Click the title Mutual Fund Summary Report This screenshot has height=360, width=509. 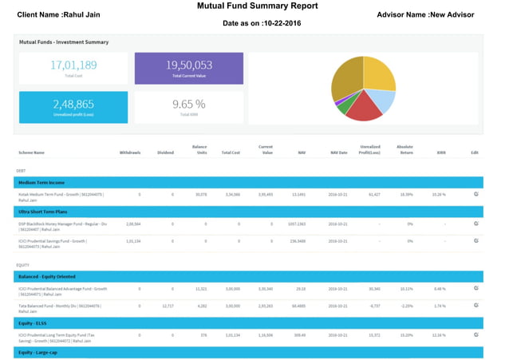(257, 6)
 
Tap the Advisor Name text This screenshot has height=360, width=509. (425, 15)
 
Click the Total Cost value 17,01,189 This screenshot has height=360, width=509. (73, 65)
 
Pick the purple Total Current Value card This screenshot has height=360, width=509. (188, 69)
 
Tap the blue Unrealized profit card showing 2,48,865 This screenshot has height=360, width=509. (73, 107)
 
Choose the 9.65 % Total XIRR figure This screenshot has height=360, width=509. (188, 105)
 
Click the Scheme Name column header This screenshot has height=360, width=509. (31, 152)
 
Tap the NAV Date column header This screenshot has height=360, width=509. (338, 152)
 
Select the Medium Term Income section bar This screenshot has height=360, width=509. (248, 183)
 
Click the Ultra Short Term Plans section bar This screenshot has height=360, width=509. (248, 212)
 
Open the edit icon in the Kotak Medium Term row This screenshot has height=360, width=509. (476, 194)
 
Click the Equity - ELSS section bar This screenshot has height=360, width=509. (248, 322)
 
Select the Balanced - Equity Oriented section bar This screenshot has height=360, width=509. (248, 276)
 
